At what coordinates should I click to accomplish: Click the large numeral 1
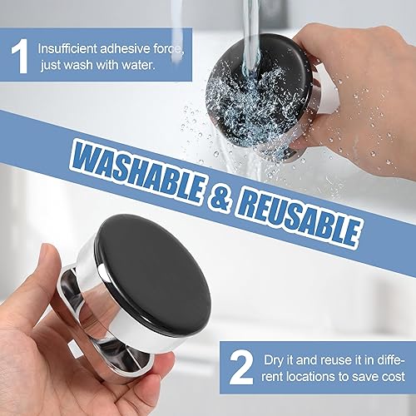click(x=20, y=56)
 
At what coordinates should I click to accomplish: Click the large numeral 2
click(x=241, y=368)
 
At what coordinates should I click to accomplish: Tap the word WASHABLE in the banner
click(x=138, y=174)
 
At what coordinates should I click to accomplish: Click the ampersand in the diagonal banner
click(x=220, y=196)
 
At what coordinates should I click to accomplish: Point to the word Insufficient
click(x=67, y=49)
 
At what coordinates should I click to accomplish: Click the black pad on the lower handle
click(x=153, y=275)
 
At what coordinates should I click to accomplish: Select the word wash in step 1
click(x=78, y=65)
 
